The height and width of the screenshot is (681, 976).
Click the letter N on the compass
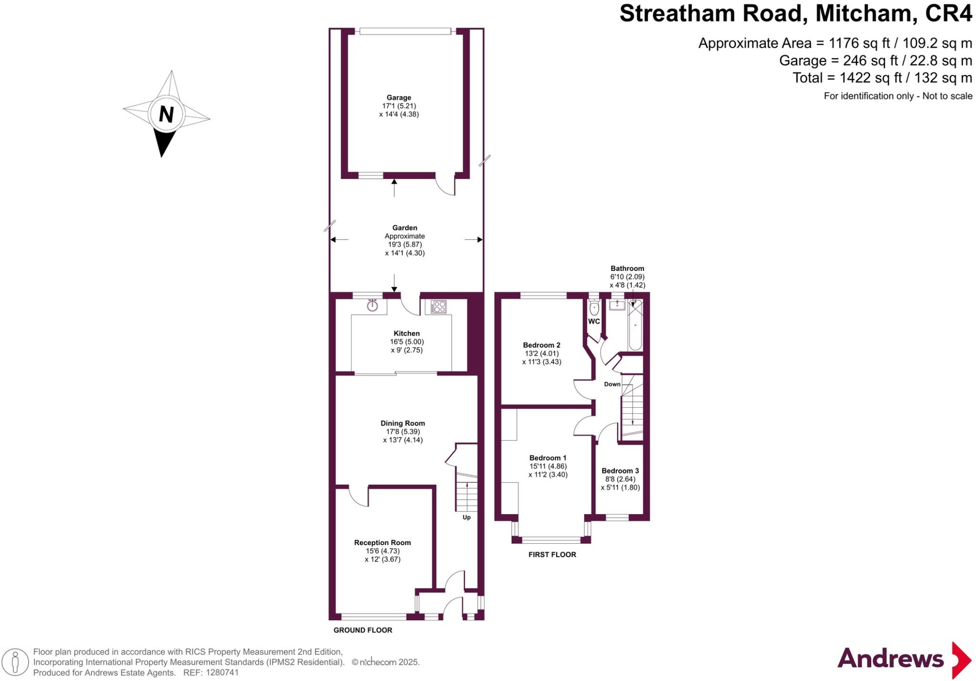click(166, 114)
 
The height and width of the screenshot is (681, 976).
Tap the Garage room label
click(399, 98)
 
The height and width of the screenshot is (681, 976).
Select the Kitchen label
click(407, 333)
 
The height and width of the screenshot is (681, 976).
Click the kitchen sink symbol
click(372, 306)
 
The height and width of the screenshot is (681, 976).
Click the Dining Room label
click(403, 423)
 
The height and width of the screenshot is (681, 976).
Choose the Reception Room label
click(382, 542)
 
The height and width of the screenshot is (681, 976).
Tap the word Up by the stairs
click(467, 517)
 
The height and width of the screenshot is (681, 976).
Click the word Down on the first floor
click(612, 384)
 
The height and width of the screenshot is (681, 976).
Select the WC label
click(594, 321)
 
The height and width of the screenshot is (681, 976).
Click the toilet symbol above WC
click(594, 307)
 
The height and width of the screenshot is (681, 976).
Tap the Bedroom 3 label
click(620, 471)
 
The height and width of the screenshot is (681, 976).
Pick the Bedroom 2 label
click(541, 345)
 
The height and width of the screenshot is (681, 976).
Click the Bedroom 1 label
click(548, 458)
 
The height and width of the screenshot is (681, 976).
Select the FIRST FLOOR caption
click(552, 555)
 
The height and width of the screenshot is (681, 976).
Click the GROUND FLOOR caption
click(363, 630)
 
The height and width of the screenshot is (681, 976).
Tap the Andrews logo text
click(890, 659)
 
